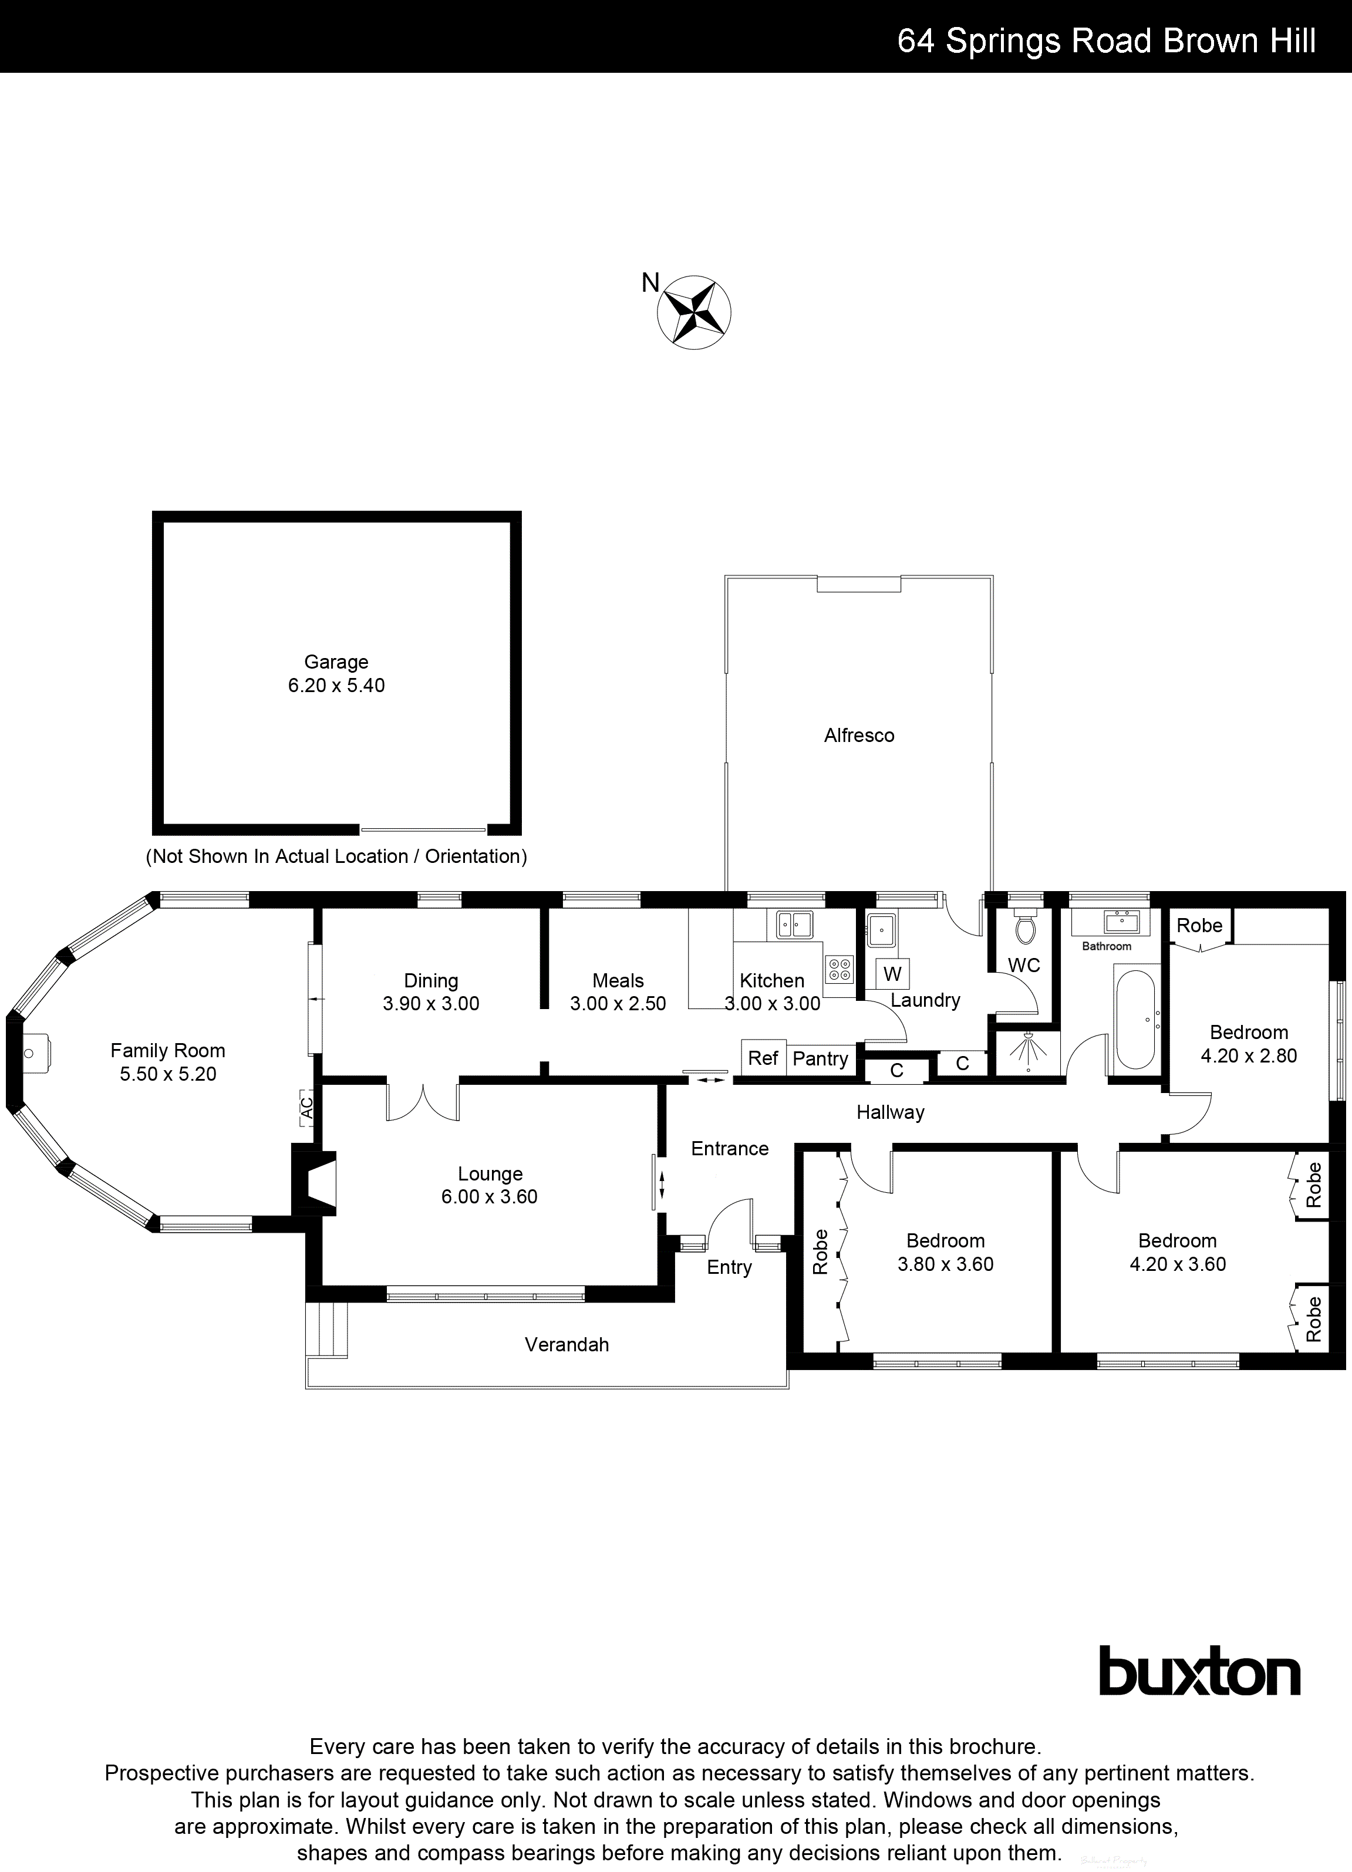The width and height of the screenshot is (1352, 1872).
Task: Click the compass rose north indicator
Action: pos(693,312)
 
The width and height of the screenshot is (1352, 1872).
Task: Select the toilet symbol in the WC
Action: pos(1024,929)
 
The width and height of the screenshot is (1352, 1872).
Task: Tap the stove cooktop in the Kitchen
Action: pos(838,969)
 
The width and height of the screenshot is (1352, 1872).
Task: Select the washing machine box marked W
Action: pos(892,973)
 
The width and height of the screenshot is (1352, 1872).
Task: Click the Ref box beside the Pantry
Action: pos(763,1058)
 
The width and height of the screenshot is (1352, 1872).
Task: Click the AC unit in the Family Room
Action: pos(306,1106)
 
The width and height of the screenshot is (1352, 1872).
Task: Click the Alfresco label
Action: pos(858,736)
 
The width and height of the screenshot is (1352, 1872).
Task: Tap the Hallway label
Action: pos(890,1112)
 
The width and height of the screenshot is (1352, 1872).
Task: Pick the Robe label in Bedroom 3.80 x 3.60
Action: pos(820,1252)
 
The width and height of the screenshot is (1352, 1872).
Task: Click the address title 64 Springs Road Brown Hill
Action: pos(1106,41)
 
